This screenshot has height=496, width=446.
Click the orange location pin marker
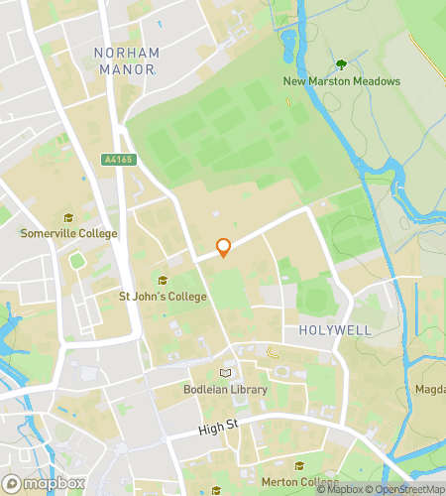click(224, 247)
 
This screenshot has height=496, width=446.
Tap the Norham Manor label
click(125, 61)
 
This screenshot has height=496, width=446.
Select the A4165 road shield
click(116, 159)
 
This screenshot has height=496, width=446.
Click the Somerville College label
click(69, 234)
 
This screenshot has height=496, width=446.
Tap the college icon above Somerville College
click(68, 218)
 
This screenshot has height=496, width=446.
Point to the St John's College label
click(163, 297)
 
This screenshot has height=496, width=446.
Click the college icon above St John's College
click(163, 281)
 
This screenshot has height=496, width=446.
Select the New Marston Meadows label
click(341, 81)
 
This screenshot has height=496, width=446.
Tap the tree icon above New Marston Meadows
click(341, 64)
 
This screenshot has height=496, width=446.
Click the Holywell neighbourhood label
click(326, 328)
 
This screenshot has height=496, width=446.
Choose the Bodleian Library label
click(226, 390)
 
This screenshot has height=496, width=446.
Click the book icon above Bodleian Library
click(226, 373)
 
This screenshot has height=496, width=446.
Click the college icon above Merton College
click(299, 465)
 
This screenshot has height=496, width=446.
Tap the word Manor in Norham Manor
click(135, 69)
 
